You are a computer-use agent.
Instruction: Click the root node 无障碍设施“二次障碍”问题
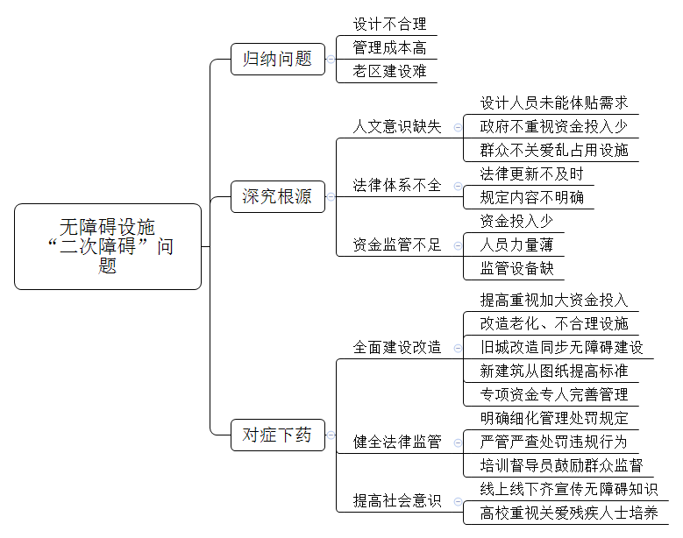coord(108,246)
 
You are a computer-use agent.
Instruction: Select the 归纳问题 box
coord(278,59)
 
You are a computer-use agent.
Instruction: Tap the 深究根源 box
coord(278,196)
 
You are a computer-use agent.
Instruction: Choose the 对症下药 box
coord(278,435)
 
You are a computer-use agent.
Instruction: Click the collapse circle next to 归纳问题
coord(331,60)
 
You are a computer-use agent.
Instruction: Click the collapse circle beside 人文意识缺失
coord(458,127)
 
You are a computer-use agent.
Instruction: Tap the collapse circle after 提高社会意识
coord(458,501)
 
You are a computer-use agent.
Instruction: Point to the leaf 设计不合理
coord(389,24)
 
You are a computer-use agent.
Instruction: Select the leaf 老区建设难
coord(389,71)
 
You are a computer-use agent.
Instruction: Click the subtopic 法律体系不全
coord(397,186)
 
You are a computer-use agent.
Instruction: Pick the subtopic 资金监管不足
coord(397,244)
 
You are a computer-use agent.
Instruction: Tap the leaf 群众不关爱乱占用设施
coord(554,150)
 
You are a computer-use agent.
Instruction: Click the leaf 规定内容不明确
coord(531,198)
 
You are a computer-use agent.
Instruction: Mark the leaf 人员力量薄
coord(516,244)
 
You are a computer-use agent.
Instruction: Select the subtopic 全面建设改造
coord(397,347)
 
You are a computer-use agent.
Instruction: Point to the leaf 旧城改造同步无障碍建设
coord(561,347)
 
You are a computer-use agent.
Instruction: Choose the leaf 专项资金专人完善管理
coord(554,395)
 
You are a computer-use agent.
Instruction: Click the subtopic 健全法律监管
coord(397,442)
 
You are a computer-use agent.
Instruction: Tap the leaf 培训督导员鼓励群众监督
coord(561,465)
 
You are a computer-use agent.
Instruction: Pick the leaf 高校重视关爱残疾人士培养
coord(569,513)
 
